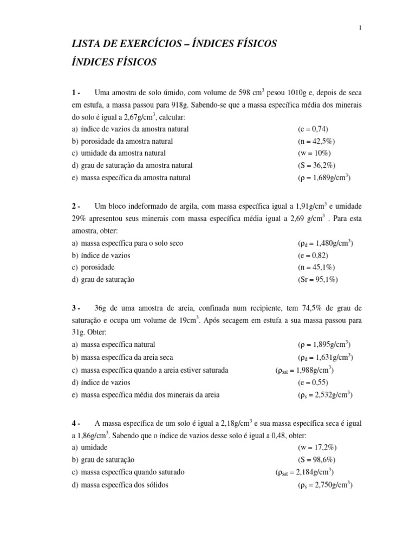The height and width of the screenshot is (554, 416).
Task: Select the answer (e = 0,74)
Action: coord(313,129)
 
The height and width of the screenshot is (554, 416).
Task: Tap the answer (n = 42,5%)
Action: coord(317,141)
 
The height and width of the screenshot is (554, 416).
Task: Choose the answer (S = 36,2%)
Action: coord(316,165)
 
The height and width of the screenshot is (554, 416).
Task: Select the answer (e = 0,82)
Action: coord(313,255)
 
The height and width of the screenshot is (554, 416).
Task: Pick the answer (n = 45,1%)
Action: coord(317,267)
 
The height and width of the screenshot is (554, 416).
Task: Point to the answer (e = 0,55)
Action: coord(313,382)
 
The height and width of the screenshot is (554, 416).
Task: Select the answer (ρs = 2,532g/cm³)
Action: coord(325,395)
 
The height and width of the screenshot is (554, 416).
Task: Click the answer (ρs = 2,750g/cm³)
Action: coord(325,485)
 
